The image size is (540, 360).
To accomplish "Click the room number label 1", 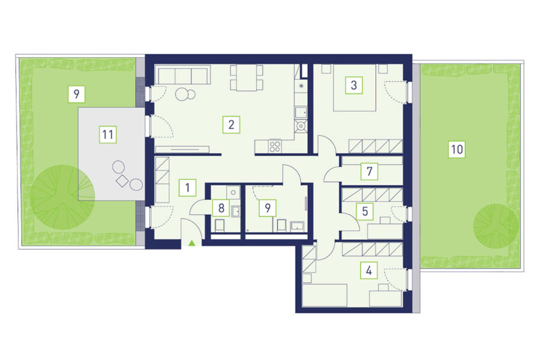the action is (x=187, y=188).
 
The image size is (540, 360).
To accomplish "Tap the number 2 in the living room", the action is (x=231, y=124).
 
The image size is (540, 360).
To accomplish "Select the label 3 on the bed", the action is (x=353, y=85).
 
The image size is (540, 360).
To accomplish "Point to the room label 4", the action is (x=369, y=271).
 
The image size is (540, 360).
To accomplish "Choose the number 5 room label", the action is (x=365, y=211).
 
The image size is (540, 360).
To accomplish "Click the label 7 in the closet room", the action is (x=370, y=171).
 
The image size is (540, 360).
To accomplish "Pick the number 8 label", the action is (x=221, y=208).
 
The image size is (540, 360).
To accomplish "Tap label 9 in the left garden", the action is (x=76, y=94).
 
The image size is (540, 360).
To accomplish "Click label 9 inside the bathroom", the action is (x=268, y=208).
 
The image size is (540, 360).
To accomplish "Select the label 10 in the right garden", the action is (x=457, y=149).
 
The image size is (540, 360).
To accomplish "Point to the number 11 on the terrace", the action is (x=108, y=134).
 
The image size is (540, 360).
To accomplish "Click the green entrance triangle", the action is (x=192, y=243).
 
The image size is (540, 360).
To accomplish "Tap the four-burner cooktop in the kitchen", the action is (x=275, y=146).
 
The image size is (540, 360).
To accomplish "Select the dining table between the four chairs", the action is (x=247, y=78).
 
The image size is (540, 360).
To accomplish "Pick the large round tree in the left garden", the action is (x=62, y=197).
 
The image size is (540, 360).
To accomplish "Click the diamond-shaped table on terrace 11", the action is (x=122, y=181).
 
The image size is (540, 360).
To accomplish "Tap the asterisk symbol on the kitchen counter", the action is (x=301, y=86).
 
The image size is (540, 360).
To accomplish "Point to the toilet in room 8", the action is (x=220, y=226).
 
